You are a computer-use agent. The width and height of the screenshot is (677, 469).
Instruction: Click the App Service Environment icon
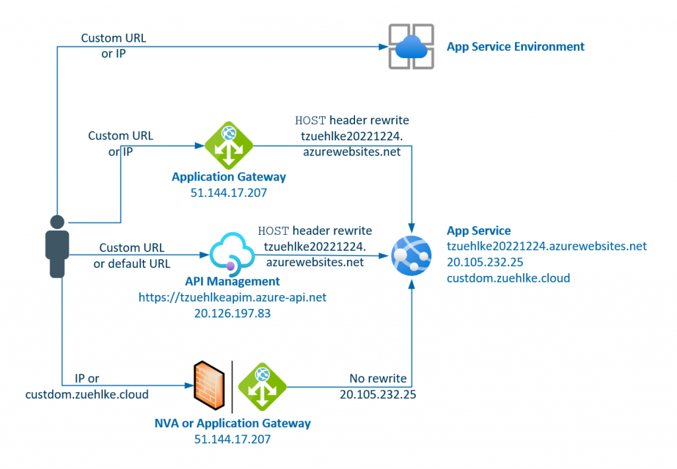click(411, 46)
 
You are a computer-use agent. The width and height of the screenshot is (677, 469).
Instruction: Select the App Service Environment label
click(515, 46)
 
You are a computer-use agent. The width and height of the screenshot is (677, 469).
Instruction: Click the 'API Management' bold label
click(232, 282)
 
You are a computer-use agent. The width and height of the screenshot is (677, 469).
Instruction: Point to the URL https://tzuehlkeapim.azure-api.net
click(232, 298)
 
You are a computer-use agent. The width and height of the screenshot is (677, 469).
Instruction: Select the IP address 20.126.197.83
click(232, 314)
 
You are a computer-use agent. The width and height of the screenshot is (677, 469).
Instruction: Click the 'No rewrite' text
click(378, 379)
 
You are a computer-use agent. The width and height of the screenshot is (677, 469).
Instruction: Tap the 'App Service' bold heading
click(479, 231)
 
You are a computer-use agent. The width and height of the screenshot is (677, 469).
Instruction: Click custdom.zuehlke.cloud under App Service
click(508, 278)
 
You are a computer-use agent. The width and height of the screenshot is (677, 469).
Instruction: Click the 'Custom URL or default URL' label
click(132, 255)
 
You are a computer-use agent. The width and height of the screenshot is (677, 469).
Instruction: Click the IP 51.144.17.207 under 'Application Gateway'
click(229, 192)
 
